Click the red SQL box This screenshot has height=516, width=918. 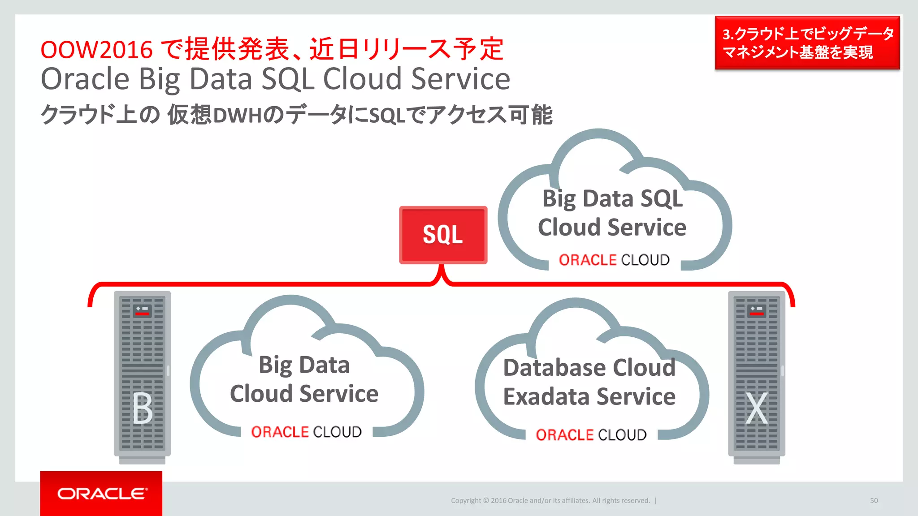click(x=443, y=235)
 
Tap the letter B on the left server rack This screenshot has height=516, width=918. click(x=143, y=408)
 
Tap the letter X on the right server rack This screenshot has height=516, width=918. click(x=757, y=408)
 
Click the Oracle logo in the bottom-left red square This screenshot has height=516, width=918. click(x=101, y=494)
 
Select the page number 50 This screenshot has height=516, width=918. click(x=874, y=500)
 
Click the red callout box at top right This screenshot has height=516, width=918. click(x=807, y=43)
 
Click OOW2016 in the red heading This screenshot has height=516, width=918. click(x=96, y=49)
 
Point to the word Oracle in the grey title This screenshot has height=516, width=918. click(x=85, y=79)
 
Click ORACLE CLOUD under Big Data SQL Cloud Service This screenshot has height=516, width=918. click(x=614, y=260)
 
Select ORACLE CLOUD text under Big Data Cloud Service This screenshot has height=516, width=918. click(x=306, y=432)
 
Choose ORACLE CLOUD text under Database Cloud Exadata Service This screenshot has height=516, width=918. click(x=591, y=434)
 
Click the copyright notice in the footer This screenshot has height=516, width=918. click(x=550, y=500)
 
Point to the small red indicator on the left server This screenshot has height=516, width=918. click(x=142, y=314)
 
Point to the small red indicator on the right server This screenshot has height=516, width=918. click(x=757, y=314)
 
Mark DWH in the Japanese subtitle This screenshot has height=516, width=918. click(x=238, y=116)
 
